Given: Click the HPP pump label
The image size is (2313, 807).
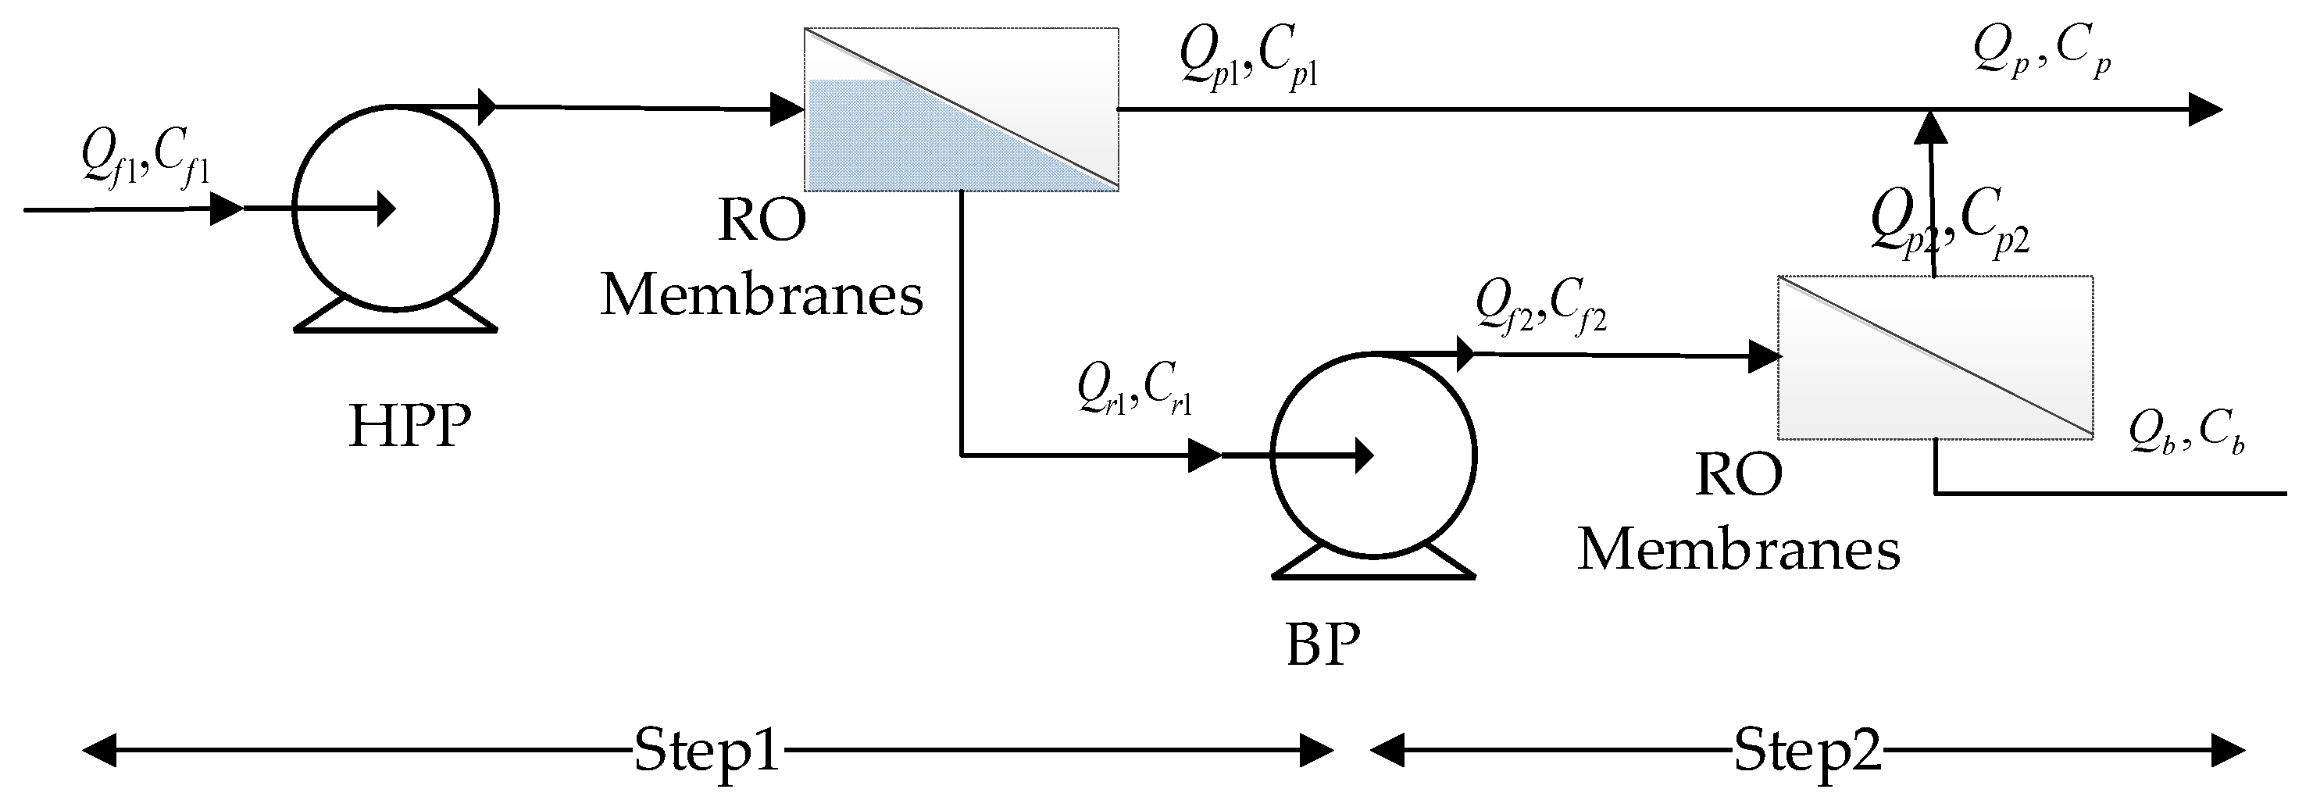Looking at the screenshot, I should (409, 427).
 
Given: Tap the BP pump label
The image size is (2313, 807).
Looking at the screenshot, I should (1322, 645).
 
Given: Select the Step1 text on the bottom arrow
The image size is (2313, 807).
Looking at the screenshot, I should (707, 749).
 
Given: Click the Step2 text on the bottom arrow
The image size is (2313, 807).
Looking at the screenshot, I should (1807, 749).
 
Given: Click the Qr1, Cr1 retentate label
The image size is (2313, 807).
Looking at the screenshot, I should (1134, 391).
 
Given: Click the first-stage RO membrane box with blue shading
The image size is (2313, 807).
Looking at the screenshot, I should (961, 109).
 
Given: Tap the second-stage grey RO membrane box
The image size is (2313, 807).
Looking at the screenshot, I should (1935, 357).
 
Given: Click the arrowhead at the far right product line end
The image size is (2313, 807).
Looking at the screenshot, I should (2204, 109).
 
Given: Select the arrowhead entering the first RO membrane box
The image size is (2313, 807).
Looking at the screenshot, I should (787, 109).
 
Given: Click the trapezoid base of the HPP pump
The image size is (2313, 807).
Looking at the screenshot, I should (395, 316).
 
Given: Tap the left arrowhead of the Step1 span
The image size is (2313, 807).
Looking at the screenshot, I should (98, 749).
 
